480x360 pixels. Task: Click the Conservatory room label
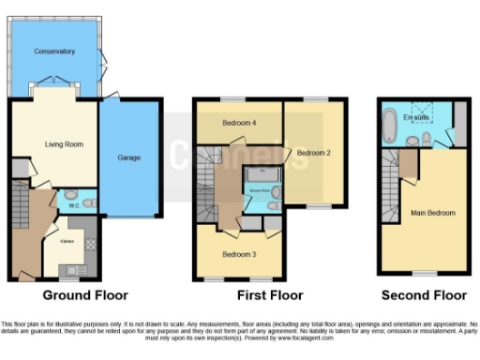point(53,51)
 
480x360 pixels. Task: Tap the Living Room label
point(53,143)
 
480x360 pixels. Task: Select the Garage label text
point(128,157)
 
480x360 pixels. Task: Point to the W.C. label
point(72,204)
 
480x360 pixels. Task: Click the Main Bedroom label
point(432,213)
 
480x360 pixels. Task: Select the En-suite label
point(415,118)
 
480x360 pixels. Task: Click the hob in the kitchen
point(89,245)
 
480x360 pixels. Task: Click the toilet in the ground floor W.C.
point(85,203)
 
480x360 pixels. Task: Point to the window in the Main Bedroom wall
point(424,275)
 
